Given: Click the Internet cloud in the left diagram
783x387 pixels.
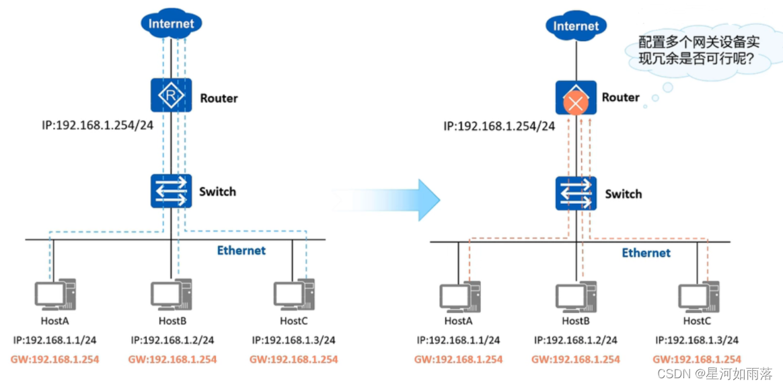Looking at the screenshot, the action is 172,23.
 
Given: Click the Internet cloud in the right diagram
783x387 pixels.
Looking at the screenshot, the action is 576,25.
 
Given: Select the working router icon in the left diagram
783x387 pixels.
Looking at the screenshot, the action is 172,94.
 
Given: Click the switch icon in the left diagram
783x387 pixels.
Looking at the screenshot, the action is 172,190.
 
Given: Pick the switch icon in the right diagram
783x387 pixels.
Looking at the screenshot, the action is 576,193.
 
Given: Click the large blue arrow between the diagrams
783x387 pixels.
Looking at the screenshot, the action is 386,200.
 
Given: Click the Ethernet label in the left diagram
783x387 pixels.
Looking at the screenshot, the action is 241,250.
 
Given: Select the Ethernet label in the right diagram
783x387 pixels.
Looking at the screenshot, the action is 646,252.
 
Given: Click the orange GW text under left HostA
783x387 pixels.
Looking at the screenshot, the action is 54,359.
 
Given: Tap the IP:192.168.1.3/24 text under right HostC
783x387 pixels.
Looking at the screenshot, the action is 697,341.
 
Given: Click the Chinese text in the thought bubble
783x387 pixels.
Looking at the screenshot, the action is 699,50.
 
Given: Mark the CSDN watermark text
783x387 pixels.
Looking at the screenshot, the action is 714,373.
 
